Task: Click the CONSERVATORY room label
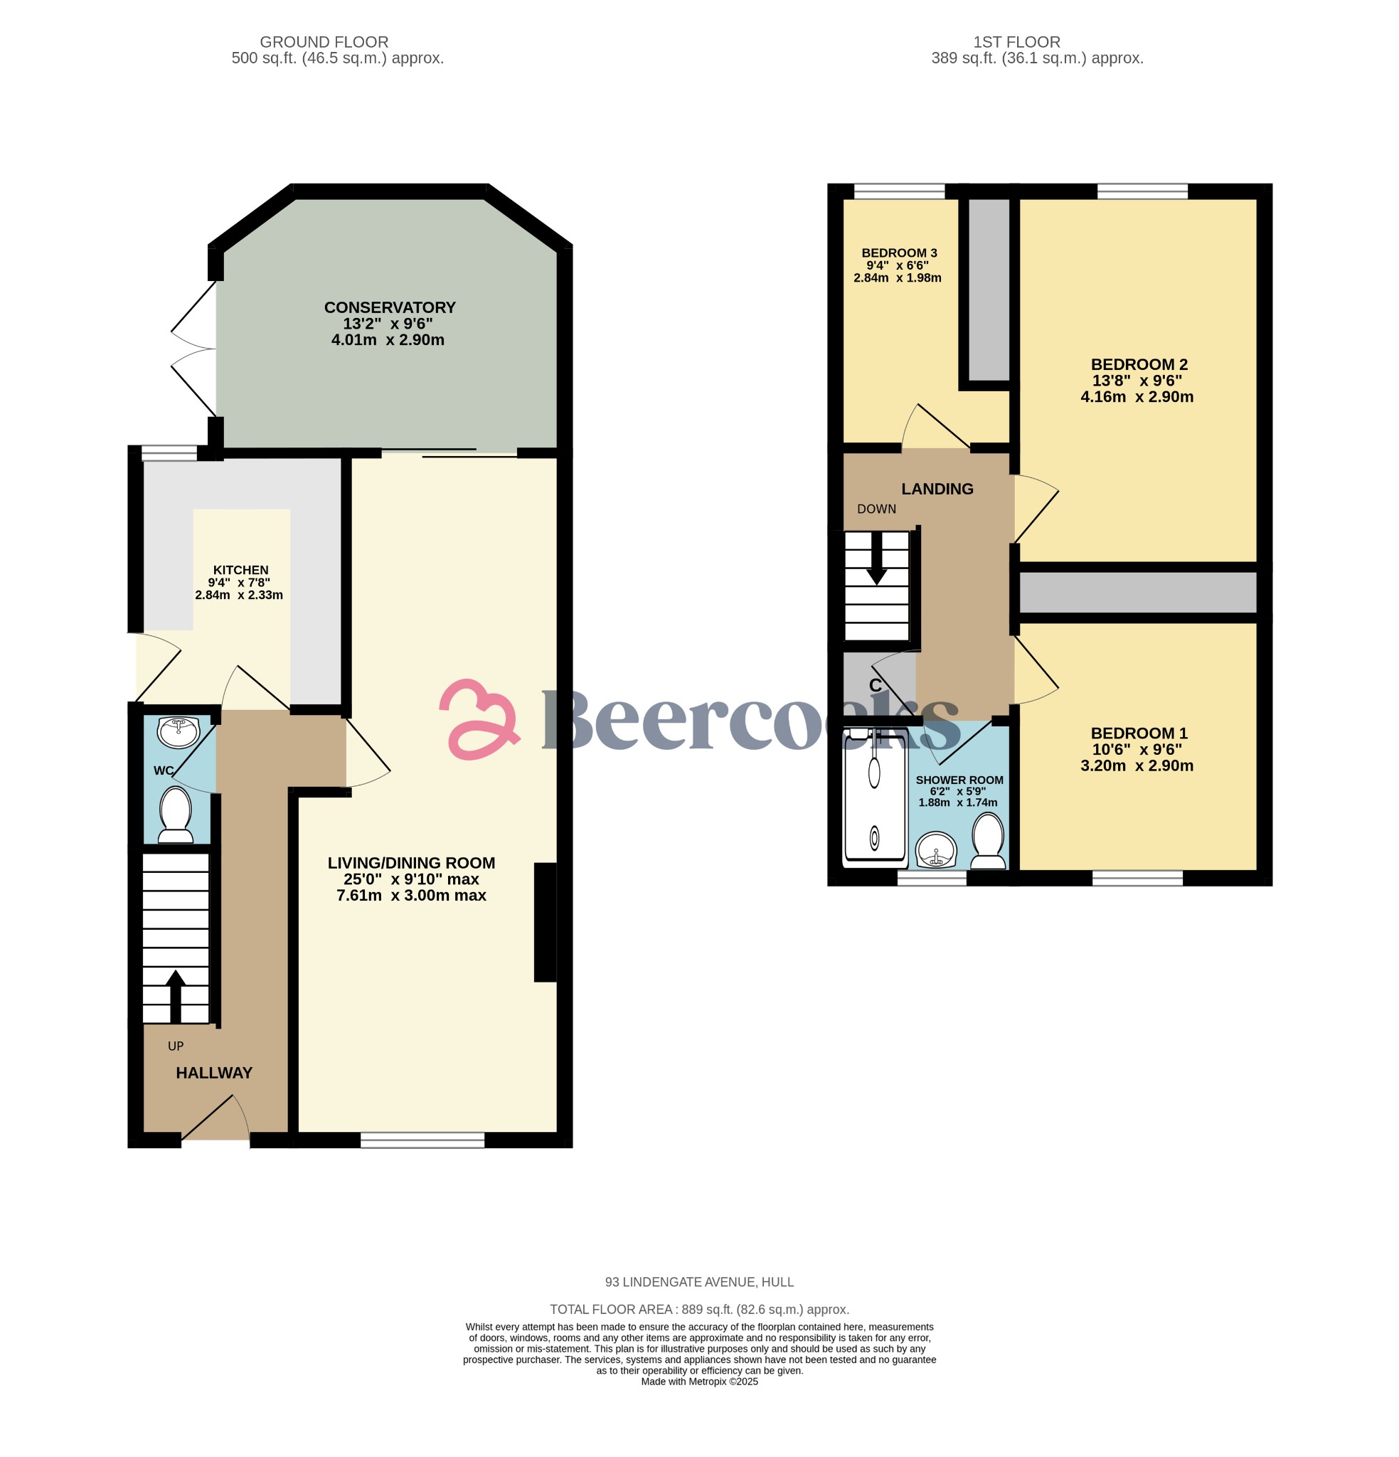390,307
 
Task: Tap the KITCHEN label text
240,569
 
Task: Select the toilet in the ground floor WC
176,814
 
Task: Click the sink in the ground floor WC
178,731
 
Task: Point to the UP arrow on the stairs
176,996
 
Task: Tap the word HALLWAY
214,1073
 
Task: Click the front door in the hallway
216,1119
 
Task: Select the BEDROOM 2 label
1139,364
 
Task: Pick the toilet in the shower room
988,841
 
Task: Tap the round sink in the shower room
936,849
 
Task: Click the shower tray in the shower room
875,798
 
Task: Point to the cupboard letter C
876,685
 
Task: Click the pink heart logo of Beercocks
479,719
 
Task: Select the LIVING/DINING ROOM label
411,863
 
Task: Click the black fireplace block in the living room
545,922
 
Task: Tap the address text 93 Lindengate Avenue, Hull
698,1281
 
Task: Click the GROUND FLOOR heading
324,43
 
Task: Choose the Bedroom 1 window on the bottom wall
1137,878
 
